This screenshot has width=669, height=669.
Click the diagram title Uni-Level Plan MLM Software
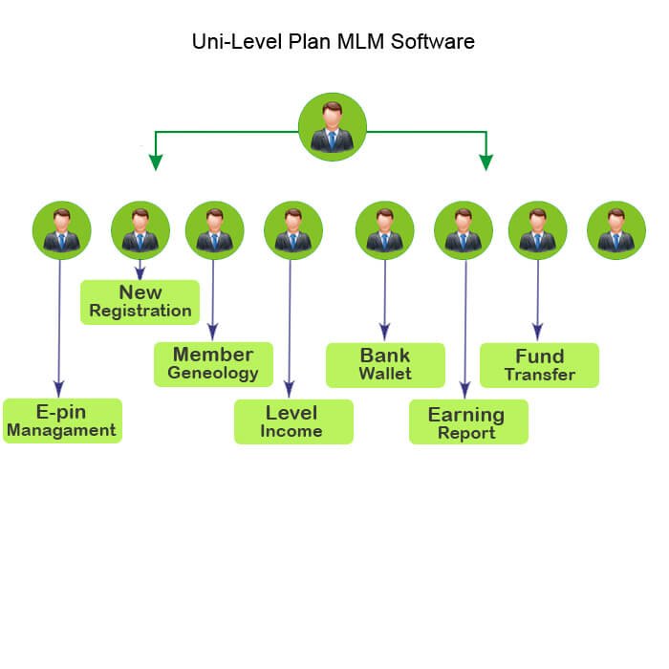(333, 42)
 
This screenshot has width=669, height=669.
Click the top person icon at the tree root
(332, 127)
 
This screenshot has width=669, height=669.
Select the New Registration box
(140, 302)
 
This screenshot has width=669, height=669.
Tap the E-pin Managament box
(62, 421)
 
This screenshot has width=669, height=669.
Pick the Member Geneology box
(213, 364)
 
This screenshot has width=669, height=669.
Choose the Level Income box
(293, 421)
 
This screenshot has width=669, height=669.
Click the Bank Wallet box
(385, 364)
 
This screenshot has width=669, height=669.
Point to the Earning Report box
(468, 422)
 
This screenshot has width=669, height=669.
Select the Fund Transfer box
(540, 365)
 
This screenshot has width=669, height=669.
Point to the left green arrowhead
(155, 162)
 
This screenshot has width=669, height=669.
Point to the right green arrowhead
(486, 162)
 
